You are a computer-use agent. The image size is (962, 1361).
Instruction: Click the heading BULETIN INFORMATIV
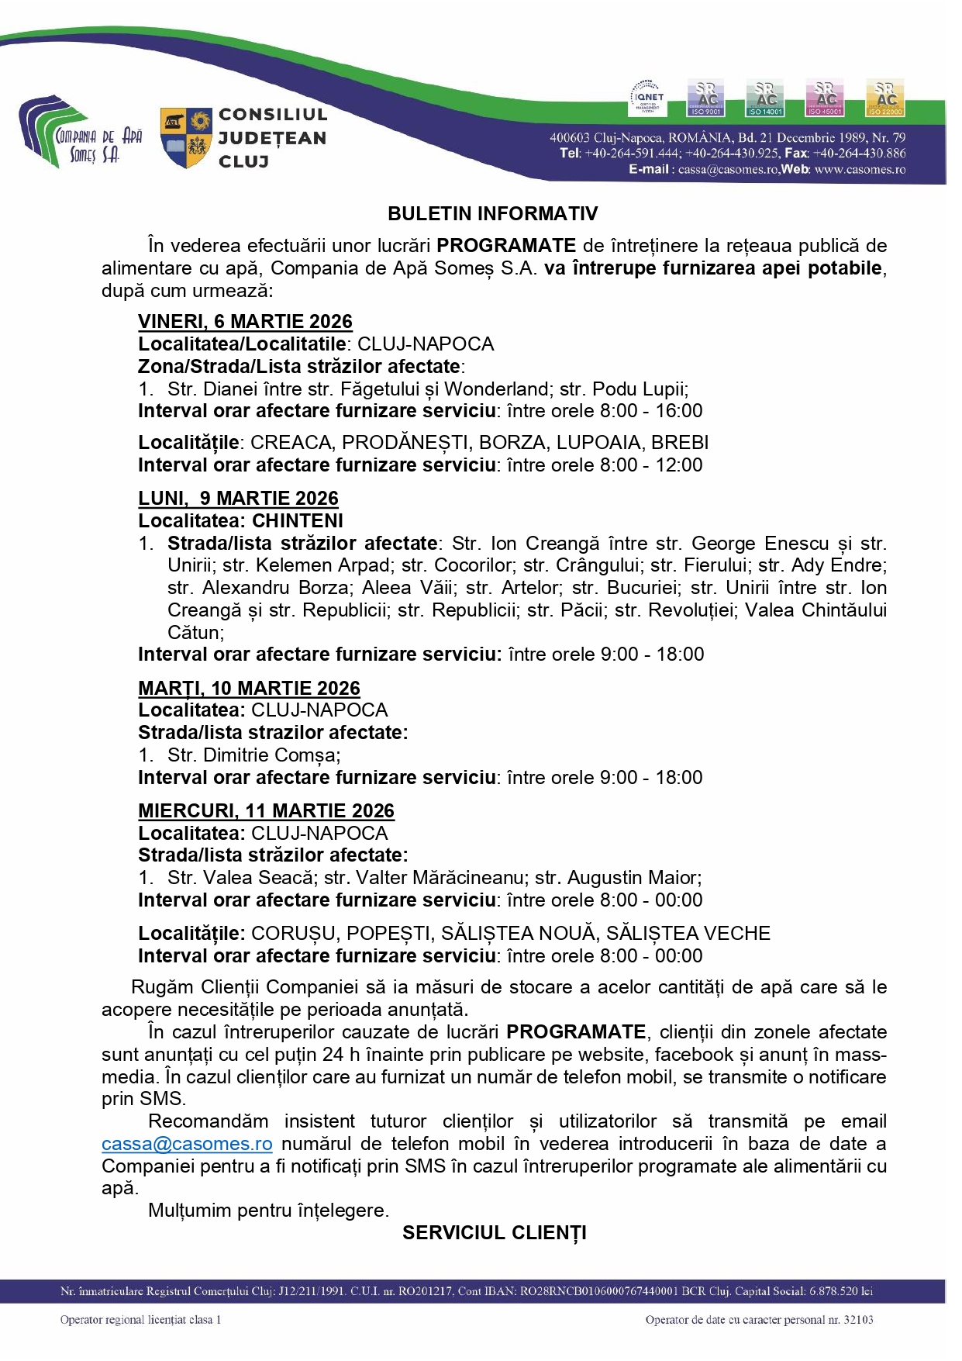pos(492,214)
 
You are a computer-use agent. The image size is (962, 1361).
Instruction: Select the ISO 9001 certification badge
pos(705,98)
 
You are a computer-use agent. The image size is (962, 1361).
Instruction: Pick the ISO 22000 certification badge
pos(884,98)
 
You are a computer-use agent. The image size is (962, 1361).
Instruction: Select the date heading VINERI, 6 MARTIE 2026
pos(245,322)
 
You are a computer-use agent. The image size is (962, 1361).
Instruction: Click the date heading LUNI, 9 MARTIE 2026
pos(238,499)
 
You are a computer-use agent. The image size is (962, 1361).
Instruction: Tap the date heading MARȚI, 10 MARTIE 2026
pos(249,689)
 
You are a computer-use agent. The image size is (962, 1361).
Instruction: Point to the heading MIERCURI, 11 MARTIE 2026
pos(266,811)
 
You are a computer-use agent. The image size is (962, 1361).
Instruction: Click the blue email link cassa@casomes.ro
pos(187,1145)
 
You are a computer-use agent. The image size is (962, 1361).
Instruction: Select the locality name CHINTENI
pos(298,521)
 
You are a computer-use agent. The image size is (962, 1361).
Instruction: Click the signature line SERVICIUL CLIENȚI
pos(494,1233)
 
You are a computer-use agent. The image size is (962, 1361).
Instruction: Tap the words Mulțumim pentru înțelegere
pos(268,1211)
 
